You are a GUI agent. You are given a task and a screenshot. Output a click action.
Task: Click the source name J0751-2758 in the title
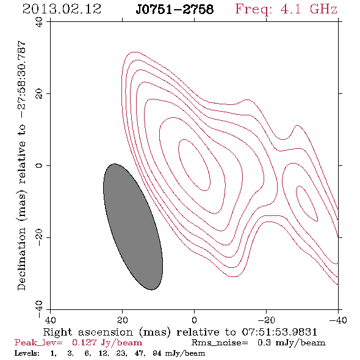coord(175,10)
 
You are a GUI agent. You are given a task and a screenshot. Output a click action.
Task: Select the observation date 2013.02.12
coord(62,9)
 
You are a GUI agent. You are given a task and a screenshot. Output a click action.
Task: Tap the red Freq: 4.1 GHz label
coord(286,9)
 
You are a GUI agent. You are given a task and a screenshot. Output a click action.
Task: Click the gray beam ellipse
coord(133,227)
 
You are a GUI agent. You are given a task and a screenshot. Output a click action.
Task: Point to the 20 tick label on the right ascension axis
coord(122,320)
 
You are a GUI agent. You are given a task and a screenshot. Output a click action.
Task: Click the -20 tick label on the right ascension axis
coord(266,320)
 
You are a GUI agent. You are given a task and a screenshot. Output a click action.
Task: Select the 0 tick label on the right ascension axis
coord(194,320)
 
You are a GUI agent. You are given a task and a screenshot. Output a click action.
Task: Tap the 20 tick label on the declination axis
coord(39,94)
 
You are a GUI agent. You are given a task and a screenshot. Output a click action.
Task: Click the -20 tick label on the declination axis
coord(39,237)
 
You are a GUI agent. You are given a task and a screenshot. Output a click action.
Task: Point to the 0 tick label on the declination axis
coord(39,165)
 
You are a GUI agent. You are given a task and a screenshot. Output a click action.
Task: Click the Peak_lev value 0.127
coord(84,342)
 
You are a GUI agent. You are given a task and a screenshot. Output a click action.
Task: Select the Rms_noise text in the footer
coord(220,343)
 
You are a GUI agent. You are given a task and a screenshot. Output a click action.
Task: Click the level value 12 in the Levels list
coord(103,353)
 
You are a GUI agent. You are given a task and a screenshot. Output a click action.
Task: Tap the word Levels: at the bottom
coord(27,353)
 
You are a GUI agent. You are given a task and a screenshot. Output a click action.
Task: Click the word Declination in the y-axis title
coord(21,259)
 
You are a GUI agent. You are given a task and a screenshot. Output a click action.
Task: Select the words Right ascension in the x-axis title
coord(88,332)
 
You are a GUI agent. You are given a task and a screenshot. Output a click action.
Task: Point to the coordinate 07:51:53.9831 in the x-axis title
coord(279,332)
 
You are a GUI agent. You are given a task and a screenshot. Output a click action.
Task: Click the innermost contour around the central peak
coord(194,165)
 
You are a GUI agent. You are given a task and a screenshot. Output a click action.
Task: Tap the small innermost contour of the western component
coord(307,204)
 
